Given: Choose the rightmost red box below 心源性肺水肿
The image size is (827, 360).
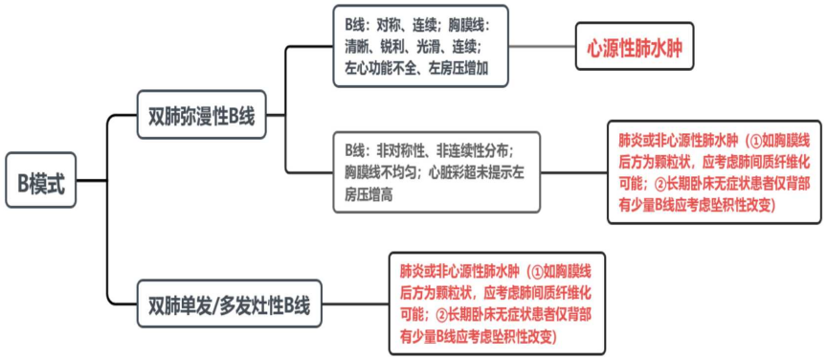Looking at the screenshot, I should (714, 172).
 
